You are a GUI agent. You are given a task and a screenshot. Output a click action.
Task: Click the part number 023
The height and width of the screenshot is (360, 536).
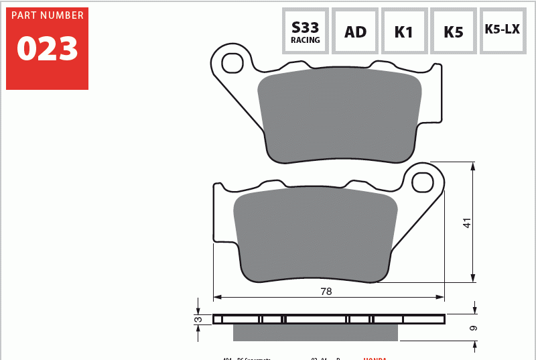coord(47,48)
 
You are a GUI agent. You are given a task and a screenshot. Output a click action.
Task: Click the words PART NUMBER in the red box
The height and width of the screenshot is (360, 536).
coord(47,15)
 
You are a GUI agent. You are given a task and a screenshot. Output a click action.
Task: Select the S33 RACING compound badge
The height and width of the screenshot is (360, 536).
coord(306,31)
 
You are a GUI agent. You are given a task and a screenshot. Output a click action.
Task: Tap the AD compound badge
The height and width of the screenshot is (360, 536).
coord(355,32)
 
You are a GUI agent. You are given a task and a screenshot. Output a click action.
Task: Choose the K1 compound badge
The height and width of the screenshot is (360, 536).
coord(404,32)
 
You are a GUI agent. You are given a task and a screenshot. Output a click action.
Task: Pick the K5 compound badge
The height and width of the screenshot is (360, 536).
coord(454,32)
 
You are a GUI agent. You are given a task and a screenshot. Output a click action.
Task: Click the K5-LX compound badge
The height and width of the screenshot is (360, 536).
coord(503,31)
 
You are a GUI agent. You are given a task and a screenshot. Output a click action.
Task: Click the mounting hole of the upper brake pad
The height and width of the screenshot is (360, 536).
coord(232,63)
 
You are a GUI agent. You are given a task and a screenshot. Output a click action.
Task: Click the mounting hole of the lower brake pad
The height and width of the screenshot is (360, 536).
coord(422,182)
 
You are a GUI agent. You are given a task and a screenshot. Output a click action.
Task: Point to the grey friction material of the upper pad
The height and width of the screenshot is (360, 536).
coord(339,114)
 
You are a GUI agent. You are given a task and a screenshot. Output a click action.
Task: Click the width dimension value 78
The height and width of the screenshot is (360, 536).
coord(326,292)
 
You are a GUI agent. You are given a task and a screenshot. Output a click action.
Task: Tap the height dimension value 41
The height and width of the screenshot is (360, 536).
coord(468,223)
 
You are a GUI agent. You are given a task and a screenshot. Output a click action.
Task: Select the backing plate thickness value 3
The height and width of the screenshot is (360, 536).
coord(198,319)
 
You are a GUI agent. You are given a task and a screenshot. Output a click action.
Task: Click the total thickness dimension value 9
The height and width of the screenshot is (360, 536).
coord(474,328)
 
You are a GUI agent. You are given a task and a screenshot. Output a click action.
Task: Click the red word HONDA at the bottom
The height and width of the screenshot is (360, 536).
coord(375,358)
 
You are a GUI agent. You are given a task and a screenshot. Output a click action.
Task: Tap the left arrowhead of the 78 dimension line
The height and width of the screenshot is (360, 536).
coord(216,296)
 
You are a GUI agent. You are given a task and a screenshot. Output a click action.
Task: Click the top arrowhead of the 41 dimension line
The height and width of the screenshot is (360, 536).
coord(474,166)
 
